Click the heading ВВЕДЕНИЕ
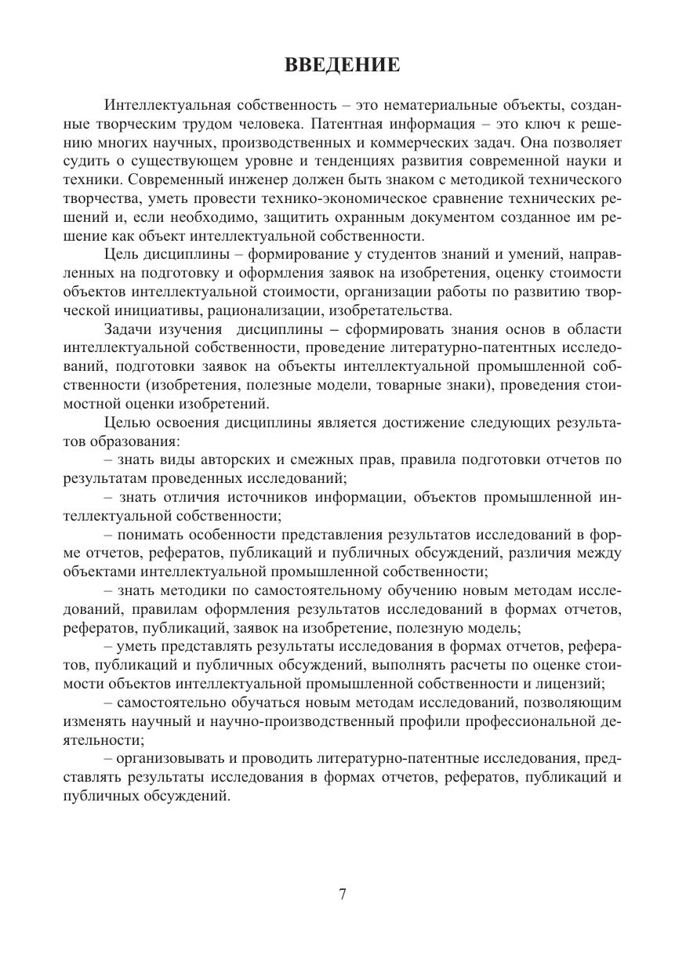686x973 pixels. coord(342,65)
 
